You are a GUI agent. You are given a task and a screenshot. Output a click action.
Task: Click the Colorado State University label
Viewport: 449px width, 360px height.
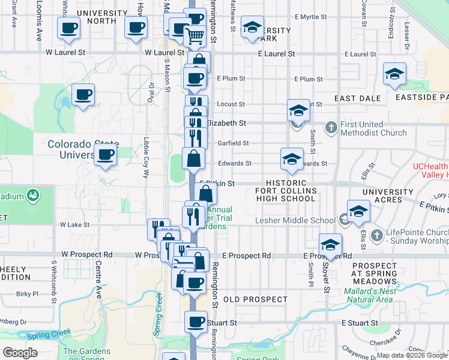click(82, 149)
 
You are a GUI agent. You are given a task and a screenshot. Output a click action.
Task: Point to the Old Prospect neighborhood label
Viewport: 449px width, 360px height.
click(255, 299)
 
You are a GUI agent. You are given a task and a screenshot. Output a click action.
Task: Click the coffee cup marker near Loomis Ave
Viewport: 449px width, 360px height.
click(69, 28)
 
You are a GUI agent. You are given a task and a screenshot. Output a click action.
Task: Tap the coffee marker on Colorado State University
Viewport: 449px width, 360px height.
click(105, 155)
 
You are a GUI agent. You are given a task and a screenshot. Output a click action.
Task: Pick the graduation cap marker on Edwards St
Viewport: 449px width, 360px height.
click(292, 159)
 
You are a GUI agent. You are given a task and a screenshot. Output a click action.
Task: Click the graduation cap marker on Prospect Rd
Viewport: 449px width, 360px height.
click(330, 245)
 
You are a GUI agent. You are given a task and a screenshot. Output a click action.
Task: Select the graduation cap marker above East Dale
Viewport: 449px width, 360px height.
click(394, 74)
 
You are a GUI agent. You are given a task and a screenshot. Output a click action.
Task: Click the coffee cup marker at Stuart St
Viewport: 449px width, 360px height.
click(196, 322)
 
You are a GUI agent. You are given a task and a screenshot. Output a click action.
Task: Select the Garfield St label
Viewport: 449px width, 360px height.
click(232, 143)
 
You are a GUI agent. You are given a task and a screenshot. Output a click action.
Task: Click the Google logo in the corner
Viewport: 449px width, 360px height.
click(20, 352)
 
